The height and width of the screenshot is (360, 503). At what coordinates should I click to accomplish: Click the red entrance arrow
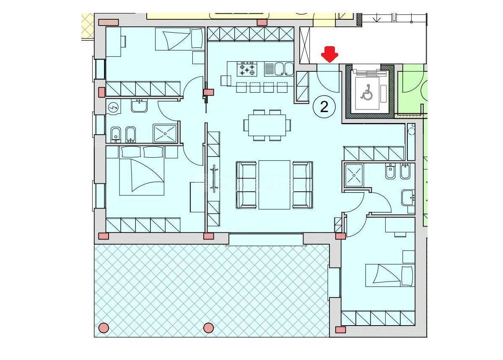pyautogui.click(x=329, y=55)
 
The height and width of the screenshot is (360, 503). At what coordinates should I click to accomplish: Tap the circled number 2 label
pyautogui.click(x=324, y=107)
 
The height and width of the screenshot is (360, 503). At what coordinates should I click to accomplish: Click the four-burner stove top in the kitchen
pyautogui.click(x=247, y=69)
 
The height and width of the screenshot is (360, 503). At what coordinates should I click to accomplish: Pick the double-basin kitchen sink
pyautogui.click(x=279, y=69)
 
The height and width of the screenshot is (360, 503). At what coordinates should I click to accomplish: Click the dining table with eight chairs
pyautogui.click(x=267, y=125)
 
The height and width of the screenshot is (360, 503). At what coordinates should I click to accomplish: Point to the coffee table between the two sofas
pyautogui.click(x=274, y=185)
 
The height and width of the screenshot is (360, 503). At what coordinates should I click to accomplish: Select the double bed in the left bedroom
pyautogui.click(x=142, y=171)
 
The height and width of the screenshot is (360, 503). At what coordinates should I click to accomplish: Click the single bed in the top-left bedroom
pyautogui.click(x=180, y=39)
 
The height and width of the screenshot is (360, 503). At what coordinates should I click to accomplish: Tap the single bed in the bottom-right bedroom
pyautogui.click(x=390, y=275)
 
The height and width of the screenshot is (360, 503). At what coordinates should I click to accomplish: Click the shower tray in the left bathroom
pyautogui.click(x=165, y=133)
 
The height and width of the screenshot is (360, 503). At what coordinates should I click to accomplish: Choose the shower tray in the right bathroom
pyautogui.click(x=354, y=175)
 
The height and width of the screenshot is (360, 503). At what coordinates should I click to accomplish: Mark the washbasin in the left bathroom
pyautogui.click(x=139, y=106)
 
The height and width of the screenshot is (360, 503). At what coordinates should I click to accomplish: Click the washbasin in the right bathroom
pyautogui.click(x=408, y=198)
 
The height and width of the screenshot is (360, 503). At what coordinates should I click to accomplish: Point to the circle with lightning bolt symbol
pyautogui.click(x=113, y=108)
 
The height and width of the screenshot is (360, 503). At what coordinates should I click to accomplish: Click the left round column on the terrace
pyautogui.click(x=104, y=328)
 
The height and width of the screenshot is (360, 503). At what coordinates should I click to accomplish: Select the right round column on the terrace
pyautogui.click(x=208, y=328)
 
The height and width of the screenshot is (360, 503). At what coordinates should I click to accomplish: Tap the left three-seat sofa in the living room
pyautogui.click(x=246, y=185)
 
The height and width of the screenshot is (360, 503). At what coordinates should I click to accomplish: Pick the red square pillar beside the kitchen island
pyautogui.click(x=208, y=92)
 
